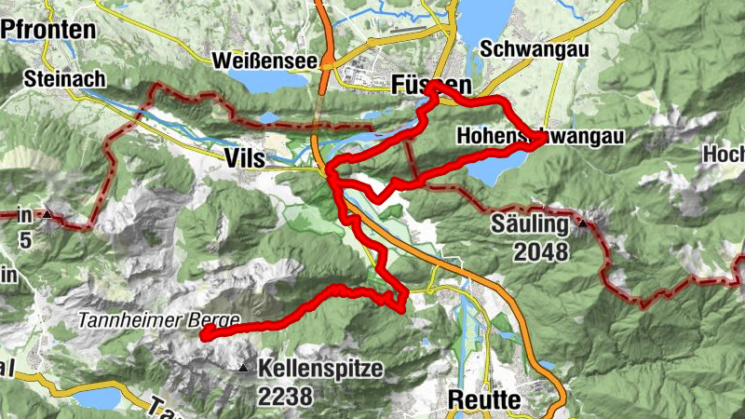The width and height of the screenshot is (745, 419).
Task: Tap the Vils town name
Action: tap(245, 159)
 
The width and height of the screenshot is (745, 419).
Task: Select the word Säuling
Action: tap(530, 224)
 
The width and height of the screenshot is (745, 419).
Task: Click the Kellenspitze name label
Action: tap(322, 368)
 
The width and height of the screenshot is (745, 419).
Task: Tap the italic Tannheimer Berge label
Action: tap(157, 319)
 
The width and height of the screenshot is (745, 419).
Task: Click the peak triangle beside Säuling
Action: tap(583, 223)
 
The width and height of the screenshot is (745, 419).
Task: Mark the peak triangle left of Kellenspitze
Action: tap(244, 369)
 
